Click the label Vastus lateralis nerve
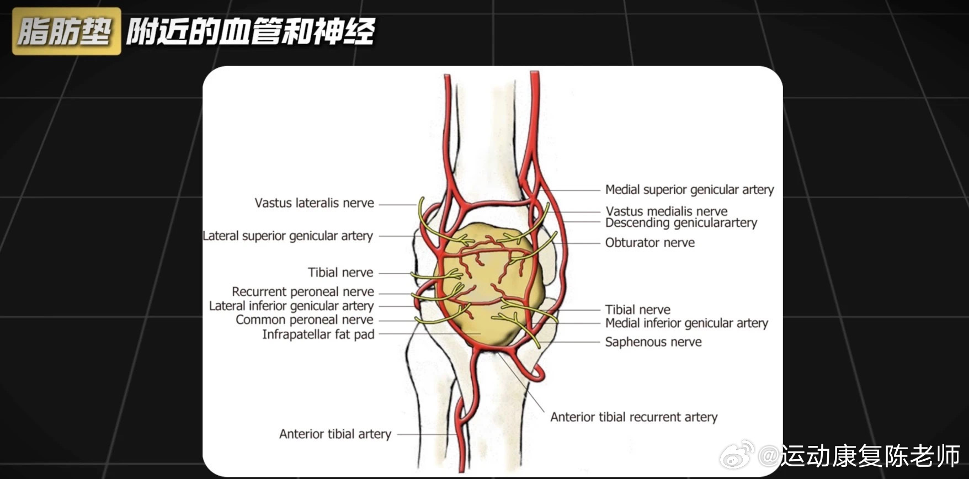pos(314,203)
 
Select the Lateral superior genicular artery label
pos(287,236)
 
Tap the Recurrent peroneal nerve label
pos(302,291)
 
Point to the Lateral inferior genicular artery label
pos(291,306)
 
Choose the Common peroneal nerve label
pos(304,320)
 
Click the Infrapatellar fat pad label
pos(318,334)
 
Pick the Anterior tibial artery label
pos(335,434)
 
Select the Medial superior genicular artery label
pos(689,190)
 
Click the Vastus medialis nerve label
pos(666,211)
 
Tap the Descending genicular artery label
pos(681,223)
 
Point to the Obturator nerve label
pos(649,243)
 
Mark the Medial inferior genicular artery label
pos(686,323)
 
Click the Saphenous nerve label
pos(653,342)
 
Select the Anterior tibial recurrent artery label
pos(633,417)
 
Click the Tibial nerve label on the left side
pos(340,273)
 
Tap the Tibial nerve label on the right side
pos(637,310)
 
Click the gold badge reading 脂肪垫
pos(66,31)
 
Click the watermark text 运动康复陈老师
pos(869,456)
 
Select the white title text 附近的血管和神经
pos(251,31)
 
